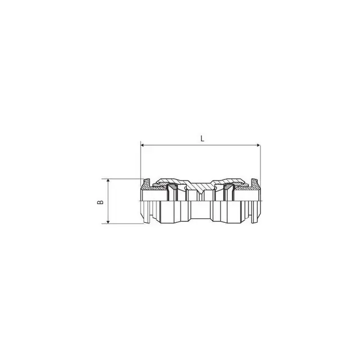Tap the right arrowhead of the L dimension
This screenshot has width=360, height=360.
click(258, 146)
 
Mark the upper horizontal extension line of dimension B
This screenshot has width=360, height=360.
click(124, 178)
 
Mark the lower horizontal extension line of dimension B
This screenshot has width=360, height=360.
click(124, 224)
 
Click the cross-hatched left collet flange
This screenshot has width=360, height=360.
click(146, 183)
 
